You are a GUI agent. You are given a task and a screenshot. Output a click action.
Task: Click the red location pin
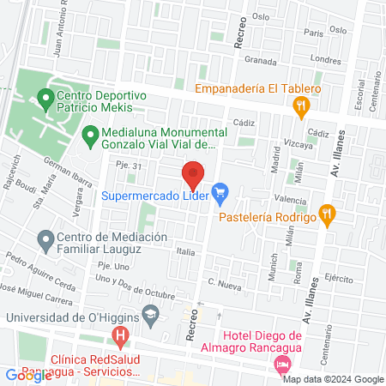(193, 174)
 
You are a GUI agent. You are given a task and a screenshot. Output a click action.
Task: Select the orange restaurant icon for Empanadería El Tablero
(300, 108)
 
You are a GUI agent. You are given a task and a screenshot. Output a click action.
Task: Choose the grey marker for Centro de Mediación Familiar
(45, 238)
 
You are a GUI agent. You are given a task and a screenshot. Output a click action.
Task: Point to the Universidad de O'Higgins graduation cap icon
(150, 317)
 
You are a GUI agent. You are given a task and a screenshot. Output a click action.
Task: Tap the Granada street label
(260, 62)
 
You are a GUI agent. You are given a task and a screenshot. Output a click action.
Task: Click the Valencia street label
(291, 200)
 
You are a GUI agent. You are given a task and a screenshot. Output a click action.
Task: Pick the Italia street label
(186, 252)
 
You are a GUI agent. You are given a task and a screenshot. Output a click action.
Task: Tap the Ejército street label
(339, 279)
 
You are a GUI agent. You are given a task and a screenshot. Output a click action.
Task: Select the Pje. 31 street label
(127, 178)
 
